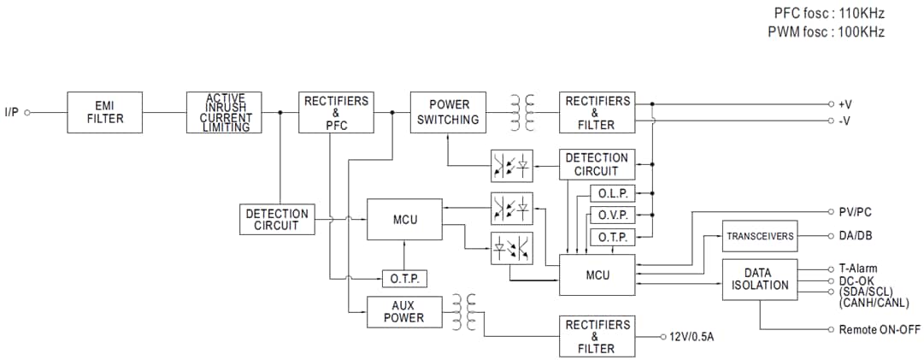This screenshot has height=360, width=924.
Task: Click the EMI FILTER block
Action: coord(105,112)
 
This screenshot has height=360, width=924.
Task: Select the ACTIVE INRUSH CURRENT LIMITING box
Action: coord(225,112)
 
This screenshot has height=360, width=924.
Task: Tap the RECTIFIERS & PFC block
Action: coord(336,112)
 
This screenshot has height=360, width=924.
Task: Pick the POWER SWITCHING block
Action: coord(448,112)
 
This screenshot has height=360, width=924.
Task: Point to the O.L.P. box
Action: coord(613,194)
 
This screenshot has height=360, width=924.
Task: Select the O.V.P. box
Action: coord(613,215)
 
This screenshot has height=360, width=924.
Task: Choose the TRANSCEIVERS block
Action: coord(759,236)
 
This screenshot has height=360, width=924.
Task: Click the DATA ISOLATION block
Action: coord(759,280)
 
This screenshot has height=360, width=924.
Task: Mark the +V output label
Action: coord(845,103)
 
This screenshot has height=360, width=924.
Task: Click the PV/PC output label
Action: coord(855,211)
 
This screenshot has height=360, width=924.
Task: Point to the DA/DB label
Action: coord(855,236)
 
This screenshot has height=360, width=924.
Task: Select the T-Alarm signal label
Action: coord(857,269)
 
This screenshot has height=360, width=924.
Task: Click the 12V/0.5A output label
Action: coord(692,337)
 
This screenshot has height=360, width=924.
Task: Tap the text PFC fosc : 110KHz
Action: coord(828,14)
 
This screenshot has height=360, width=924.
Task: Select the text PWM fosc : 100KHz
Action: coord(827,32)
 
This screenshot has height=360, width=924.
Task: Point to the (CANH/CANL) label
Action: coord(874,302)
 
